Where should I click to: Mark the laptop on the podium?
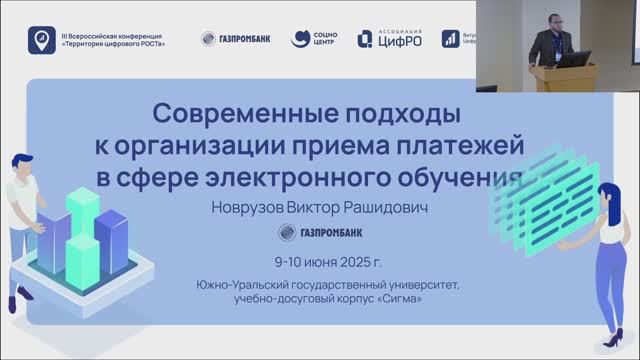(x=574, y=59)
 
